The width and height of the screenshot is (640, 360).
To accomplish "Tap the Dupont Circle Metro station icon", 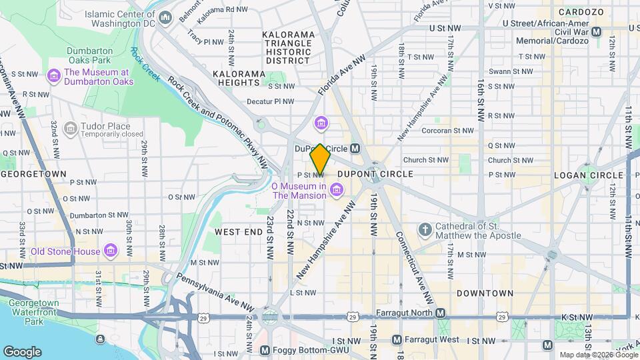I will (x=355, y=148).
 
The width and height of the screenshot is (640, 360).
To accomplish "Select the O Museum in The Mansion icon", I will (x=337, y=191).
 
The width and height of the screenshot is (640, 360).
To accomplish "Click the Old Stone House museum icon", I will (x=111, y=251).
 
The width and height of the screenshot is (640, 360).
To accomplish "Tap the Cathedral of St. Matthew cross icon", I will (x=424, y=231).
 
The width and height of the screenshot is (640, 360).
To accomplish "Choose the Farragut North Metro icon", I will (x=441, y=313).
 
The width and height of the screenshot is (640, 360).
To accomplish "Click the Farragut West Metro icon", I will (x=397, y=340).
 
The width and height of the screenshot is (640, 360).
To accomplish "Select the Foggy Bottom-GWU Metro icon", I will (x=265, y=350).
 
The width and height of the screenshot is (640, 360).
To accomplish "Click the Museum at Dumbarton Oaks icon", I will (x=53, y=77).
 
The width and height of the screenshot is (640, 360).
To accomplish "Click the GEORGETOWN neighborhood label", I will (x=35, y=174).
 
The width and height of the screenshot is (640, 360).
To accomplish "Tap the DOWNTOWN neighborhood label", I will (x=485, y=293).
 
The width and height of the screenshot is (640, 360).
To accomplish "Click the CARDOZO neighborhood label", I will (x=581, y=12).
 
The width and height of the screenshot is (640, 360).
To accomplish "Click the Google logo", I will (x=22, y=351).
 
